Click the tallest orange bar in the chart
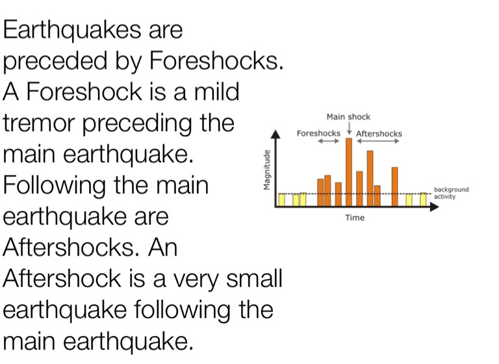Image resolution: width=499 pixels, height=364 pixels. click(x=349, y=172)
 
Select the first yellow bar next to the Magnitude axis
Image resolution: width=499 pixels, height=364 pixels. click(x=281, y=200)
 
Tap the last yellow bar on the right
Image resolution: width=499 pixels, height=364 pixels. click(x=423, y=200)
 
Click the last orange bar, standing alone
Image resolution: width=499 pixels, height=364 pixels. click(x=395, y=187)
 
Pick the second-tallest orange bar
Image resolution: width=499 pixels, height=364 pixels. click(x=370, y=178)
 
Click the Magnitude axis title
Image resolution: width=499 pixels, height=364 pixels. click(x=267, y=170)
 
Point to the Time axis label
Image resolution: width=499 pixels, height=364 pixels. click(x=355, y=218)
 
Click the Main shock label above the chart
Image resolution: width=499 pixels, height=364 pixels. click(x=348, y=117)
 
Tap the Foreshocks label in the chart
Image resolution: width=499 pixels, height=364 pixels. click(x=318, y=133)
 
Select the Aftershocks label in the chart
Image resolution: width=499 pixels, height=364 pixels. click(x=379, y=134)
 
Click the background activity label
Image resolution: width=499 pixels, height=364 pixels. click(x=452, y=193)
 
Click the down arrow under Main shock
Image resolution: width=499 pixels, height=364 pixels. click(x=349, y=128)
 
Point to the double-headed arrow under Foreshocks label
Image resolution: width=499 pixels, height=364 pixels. click(x=329, y=141)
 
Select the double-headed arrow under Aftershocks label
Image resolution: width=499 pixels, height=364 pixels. click(x=377, y=141)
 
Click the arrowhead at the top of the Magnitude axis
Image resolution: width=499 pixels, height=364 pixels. click(x=275, y=134)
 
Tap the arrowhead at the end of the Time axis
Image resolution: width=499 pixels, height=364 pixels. click(x=435, y=207)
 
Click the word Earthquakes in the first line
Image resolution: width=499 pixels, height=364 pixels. click(x=72, y=30)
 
